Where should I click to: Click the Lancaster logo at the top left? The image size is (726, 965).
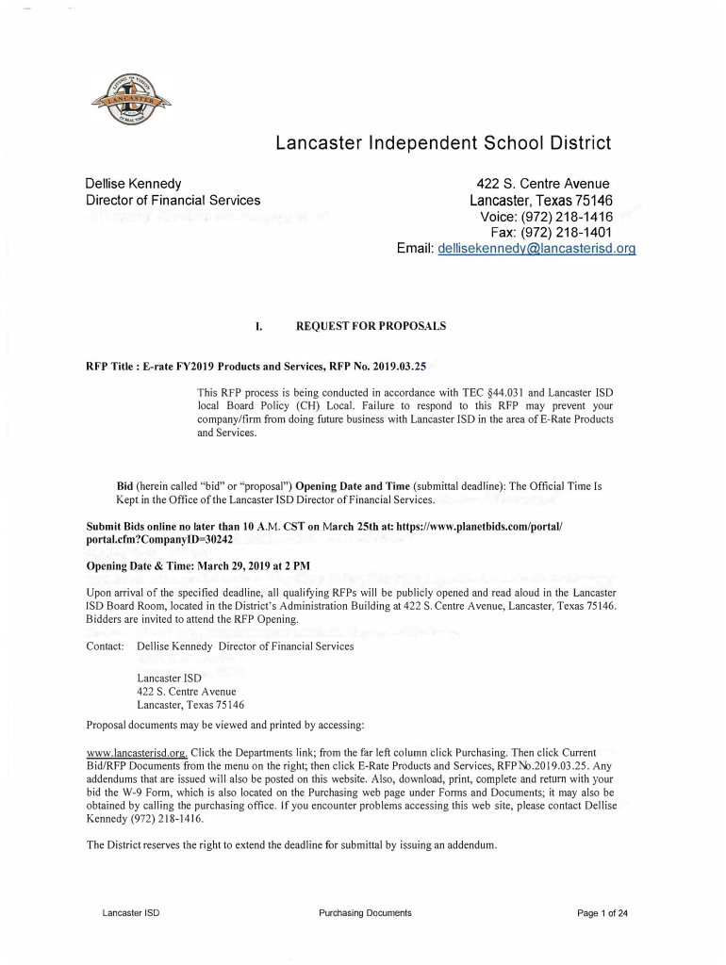click(131, 98)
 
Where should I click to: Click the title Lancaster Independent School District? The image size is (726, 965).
click(443, 143)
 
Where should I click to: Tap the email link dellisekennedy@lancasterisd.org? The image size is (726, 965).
click(533, 249)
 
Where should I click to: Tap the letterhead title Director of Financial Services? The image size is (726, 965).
click(173, 200)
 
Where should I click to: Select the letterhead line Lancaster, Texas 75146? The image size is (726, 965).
click(541, 200)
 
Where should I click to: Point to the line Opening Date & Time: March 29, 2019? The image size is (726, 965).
click(198, 565)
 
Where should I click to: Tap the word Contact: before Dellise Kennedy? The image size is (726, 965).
click(106, 646)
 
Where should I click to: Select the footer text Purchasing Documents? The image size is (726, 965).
click(365, 913)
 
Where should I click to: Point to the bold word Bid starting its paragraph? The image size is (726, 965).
click(125, 485)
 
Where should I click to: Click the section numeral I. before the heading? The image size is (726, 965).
click(257, 326)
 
